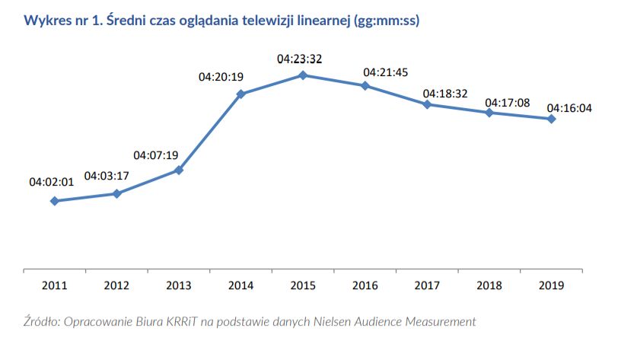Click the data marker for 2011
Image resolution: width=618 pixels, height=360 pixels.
point(54,201)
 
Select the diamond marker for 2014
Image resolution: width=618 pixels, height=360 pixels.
point(241,94)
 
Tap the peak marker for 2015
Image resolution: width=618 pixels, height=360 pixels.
point(303,75)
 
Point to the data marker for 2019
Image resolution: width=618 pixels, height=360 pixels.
point(551,119)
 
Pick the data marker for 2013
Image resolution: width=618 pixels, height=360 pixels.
point(179,170)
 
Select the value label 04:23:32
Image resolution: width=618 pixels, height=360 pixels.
point(299,58)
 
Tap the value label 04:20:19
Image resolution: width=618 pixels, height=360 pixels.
point(221,77)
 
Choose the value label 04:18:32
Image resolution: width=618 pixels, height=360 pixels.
point(444,93)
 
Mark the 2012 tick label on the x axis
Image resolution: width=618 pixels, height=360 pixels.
point(116,285)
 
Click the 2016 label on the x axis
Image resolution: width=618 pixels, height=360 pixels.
point(365,285)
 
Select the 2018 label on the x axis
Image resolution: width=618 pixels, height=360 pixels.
point(489,285)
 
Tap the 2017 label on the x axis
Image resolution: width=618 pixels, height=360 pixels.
point(427,285)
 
